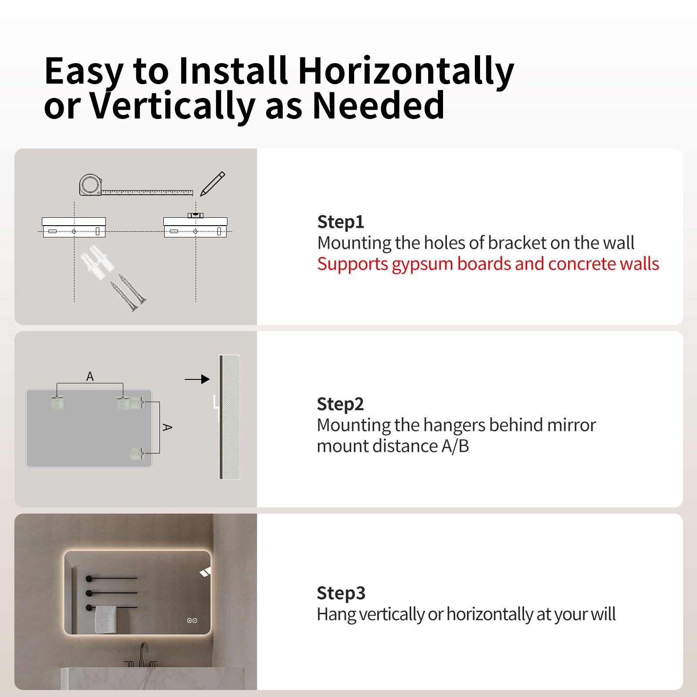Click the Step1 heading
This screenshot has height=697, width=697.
tap(340, 222)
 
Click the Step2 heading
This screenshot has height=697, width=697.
tap(340, 404)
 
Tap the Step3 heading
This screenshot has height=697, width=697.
tap(341, 593)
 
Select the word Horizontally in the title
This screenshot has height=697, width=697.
tap(406, 72)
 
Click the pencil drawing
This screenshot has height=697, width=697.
tap(213, 183)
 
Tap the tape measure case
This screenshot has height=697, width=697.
tap(90, 185)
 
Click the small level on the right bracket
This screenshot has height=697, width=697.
tap(196, 215)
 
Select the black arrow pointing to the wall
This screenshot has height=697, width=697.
tap(197, 379)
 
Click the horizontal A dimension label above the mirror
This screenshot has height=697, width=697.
tap(90, 376)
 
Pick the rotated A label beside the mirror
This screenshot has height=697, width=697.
tap(167, 427)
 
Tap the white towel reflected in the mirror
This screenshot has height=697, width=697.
tap(105, 619)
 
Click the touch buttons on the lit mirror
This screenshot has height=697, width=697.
tap(192, 620)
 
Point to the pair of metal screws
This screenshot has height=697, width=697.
tap(128, 292)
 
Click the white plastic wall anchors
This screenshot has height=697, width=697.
tap(97, 262)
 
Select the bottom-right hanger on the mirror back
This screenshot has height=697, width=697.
tap(137, 453)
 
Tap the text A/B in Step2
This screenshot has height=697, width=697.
tap(455, 446)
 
